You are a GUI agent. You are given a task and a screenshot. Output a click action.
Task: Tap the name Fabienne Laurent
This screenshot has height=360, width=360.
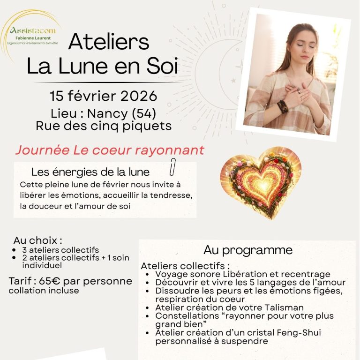click(x=35, y=38)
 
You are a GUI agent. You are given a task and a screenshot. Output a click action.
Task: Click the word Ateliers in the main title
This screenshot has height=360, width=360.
click(x=108, y=42)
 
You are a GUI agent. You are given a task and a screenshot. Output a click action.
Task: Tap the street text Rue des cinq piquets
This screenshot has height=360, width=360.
click(x=103, y=126)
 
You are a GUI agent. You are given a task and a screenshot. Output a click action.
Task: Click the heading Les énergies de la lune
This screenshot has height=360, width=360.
click(x=90, y=172)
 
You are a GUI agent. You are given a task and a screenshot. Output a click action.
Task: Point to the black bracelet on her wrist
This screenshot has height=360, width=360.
click(x=283, y=106)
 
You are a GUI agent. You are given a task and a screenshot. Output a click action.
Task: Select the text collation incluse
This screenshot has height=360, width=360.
click(x=44, y=291)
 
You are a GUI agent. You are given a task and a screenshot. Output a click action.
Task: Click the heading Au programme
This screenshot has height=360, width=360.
click(x=248, y=250)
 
